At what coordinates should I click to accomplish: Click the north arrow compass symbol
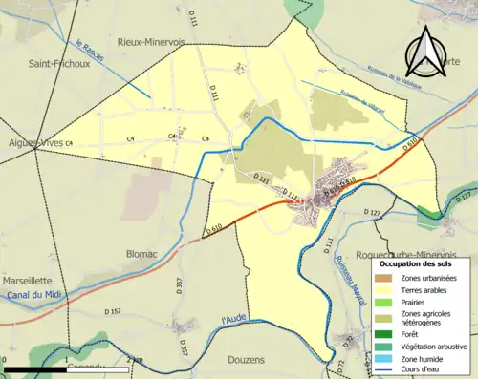tap(422, 53)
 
